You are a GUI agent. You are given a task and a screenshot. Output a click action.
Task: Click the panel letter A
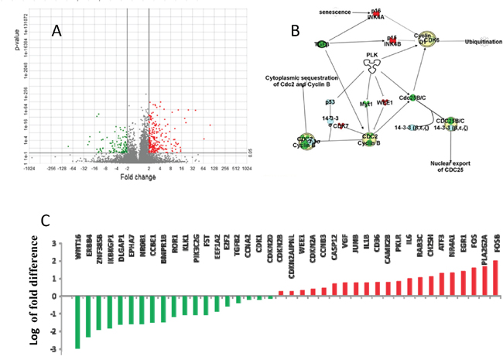tap(56, 30)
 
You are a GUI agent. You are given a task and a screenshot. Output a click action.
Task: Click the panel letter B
tap(294, 30)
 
